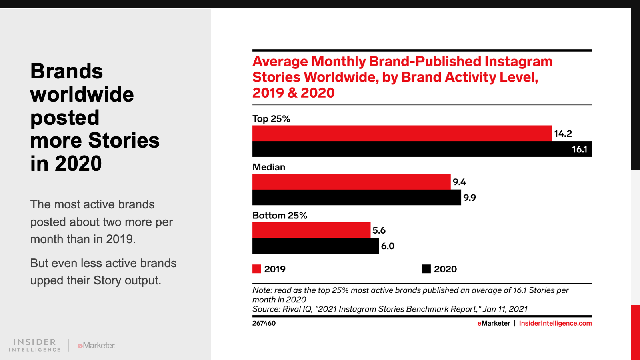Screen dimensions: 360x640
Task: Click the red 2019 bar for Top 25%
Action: (402, 133)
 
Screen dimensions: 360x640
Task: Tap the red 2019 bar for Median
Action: (351, 182)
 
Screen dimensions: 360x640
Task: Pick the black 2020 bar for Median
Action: (356, 198)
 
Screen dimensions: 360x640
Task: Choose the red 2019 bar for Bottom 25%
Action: (311, 230)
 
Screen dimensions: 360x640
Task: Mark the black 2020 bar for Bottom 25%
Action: (315, 246)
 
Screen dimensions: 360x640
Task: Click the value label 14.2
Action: (563, 134)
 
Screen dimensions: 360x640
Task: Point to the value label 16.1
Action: (579, 150)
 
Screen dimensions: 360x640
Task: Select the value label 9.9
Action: (469, 198)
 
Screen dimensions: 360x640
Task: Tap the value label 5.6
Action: (379, 230)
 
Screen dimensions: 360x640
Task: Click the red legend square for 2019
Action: (257, 269)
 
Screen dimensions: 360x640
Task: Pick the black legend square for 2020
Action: (426, 269)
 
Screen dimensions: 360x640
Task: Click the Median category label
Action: (269, 167)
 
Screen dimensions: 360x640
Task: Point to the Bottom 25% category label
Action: (280, 216)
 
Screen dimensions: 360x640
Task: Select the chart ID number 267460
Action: (264, 323)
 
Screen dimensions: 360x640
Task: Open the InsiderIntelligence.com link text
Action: (555, 323)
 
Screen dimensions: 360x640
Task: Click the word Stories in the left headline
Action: (124, 140)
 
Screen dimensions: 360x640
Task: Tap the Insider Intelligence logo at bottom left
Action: (35, 345)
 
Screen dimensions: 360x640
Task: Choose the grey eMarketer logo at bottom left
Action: (96, 345)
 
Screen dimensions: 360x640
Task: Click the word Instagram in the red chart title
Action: (518, 62)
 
